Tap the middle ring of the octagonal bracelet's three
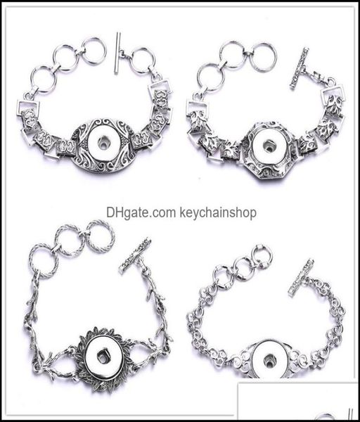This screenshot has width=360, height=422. [x=232, y=54]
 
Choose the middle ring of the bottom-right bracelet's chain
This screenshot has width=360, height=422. [x=243, y=268]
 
